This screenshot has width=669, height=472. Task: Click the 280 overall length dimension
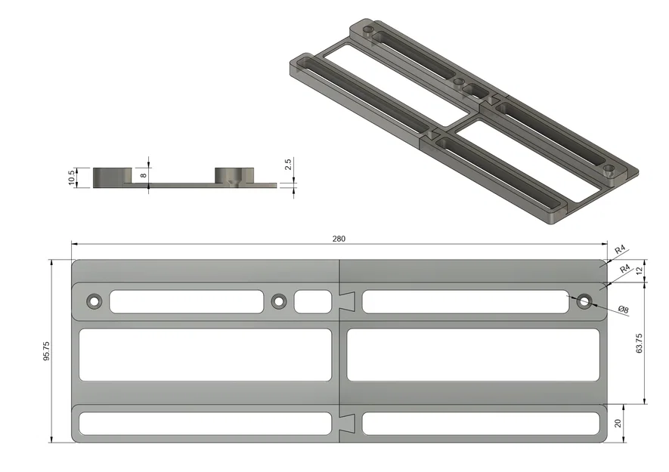pyautogui.click(x=338, y=239)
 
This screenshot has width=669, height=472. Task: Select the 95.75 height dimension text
pyautogui.click(x=47, y=351)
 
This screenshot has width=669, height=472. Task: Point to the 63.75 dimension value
pyautogui.click(x=639, y=343)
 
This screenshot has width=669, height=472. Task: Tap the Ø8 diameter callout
pyautogui.click(x=624, y=310)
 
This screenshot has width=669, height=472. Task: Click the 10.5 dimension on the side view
pyautogui.click(x=72, y=178)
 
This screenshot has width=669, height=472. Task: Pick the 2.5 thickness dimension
pyautogui.click(x=288, y=165)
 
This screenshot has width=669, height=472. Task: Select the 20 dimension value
pyautogui.click(x=618, y=424)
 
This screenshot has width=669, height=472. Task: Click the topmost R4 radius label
pyautogui.click(x=619, y=249)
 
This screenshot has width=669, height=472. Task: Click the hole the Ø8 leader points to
pyautogui.click(x=584, y=301)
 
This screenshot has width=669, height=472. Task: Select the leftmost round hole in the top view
pyautogui.click(x=94, y=301)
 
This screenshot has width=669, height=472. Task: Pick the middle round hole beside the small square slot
pyautogui.click(x=279, y=301)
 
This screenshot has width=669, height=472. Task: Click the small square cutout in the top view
pyautogui.click(x=312, y=301)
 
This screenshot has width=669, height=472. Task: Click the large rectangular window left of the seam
pyautogui.click(x=206, y=354)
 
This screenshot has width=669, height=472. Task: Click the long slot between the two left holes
pyautogui.click(x=186, y=301)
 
